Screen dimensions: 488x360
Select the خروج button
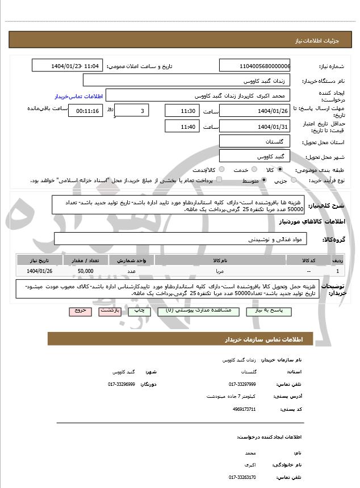79,312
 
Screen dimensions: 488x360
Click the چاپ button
137,312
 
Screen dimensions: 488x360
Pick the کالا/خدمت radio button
221,170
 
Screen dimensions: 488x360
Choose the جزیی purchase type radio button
294,180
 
